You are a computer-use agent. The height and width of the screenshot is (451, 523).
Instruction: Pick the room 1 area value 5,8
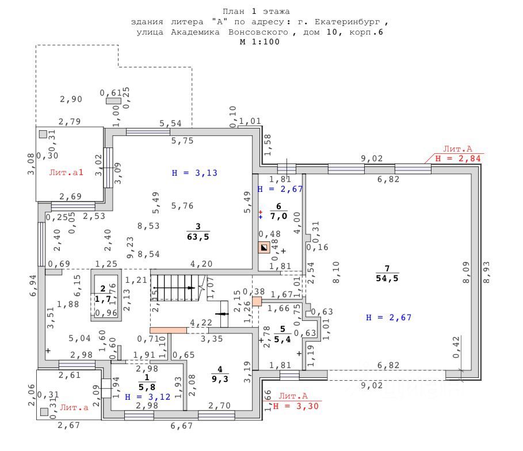pyautogui.click(x=147, y=388)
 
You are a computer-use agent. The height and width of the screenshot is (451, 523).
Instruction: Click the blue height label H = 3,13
pyautogui.click(x=195, y=172)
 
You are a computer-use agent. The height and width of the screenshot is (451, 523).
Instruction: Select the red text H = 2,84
pyautogui.click(x=459, y=158)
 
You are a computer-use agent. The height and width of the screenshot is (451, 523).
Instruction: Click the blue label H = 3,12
pyautogui.click(x=148, y=397)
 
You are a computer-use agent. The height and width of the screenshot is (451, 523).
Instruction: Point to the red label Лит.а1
pyautogui.click(x=66, y=172)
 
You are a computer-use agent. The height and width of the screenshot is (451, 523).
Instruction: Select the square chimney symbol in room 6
pyautogui.click(x=264, y=248)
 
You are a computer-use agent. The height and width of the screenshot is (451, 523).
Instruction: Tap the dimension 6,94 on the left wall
pyautogui.click(x=33, y=285)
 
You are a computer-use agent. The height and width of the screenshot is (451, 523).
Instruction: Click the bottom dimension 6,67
pyautogui.click(x=182, y=426)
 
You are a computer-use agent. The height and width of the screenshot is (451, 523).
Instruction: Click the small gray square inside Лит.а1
pyautogui.click(x=43, y=134)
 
